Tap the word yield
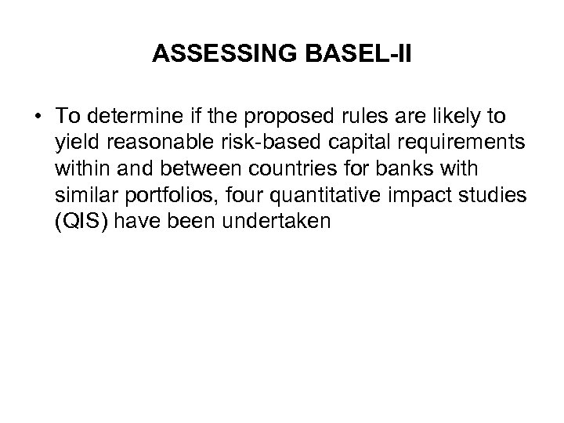click(x=74, y=143)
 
